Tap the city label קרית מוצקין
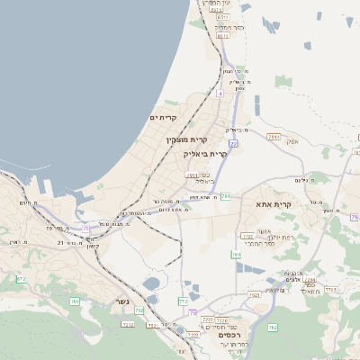(186, 139)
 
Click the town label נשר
(122, 302)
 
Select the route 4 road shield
(219, 93)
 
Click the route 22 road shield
(233, 143)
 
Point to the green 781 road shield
(226, 195)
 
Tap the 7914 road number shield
(274, 137)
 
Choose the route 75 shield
(87, 229)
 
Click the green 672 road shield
(20, 279)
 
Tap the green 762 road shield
(274, 327)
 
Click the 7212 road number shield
(128, 323)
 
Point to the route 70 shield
(193, 312)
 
